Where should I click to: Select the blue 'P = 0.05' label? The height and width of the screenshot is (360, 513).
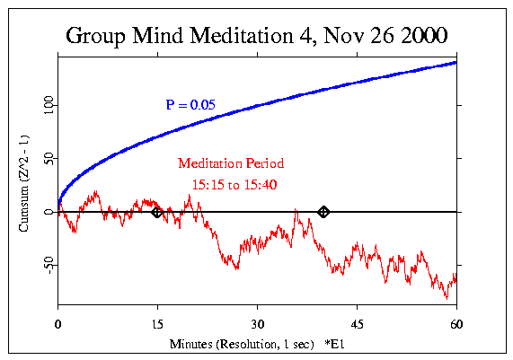190,105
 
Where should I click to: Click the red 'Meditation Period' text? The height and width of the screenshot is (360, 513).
231,164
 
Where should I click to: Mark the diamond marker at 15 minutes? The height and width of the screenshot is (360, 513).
157,212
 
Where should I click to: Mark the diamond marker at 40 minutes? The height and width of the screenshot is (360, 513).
323,212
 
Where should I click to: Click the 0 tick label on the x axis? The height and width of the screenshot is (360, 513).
58,324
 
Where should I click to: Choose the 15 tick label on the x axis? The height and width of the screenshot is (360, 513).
157,324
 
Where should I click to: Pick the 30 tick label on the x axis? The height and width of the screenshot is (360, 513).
257,324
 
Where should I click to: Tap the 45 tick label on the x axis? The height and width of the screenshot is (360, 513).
357,324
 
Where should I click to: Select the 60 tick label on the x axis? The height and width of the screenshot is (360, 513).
456,324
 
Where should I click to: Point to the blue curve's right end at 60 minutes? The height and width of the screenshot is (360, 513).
456,62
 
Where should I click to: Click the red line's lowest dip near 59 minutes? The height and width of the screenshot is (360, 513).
447,297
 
